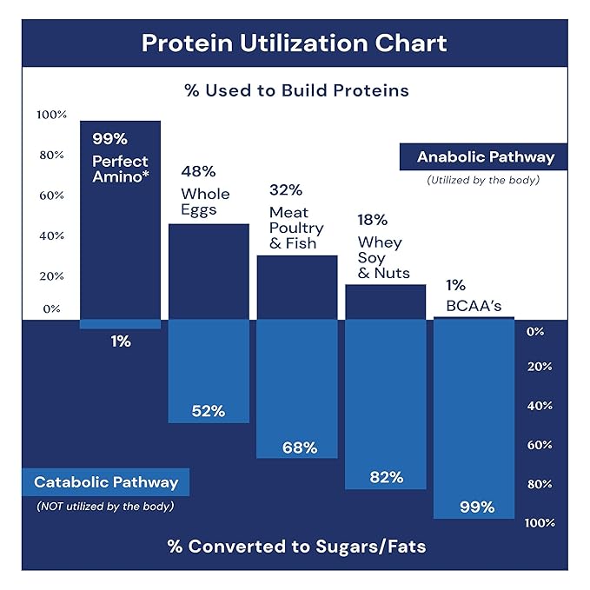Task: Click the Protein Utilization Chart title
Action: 295,43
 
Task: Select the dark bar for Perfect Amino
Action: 121,252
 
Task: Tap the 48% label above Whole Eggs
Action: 198,172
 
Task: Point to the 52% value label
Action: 209,411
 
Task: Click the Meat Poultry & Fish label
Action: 296,228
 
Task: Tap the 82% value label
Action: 386,477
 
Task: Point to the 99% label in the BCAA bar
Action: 475,507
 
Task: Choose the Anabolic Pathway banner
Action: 485,157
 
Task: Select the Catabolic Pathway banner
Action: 106,482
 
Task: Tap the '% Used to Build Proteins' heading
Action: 295,89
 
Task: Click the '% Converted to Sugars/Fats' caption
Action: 295,547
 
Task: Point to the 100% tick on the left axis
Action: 51,115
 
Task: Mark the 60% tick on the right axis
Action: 540,445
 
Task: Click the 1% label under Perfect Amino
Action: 121,341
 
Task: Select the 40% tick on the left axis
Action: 51,235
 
